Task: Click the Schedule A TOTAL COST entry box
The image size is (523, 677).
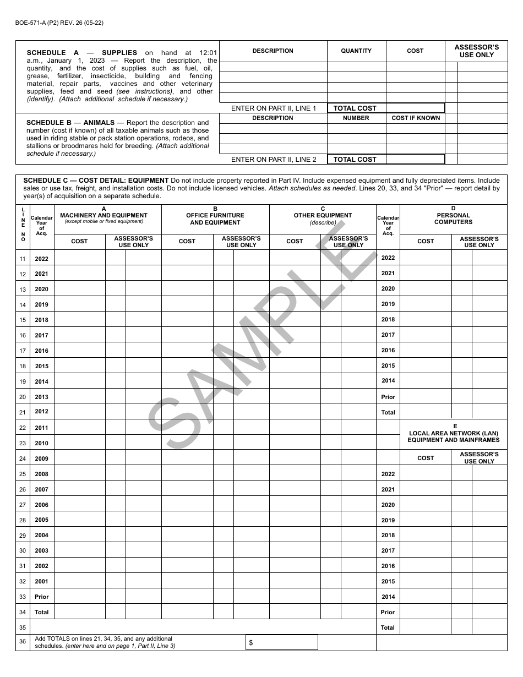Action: pos(415,108)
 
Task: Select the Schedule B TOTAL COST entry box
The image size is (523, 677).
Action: pos(415,160)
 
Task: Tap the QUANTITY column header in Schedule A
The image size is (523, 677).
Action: pos(356,51)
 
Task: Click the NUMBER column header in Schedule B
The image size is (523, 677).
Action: pos(356,118)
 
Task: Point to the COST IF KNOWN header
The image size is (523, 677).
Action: pos(416,118)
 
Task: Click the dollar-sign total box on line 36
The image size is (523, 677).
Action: pos(282,642)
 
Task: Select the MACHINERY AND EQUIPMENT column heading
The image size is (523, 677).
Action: pos(103,215)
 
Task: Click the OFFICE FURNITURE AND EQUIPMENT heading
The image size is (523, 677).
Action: pos(215,219)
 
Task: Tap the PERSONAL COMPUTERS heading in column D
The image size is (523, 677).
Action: pos(453,219)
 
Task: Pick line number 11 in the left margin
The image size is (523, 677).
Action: pos(23,259)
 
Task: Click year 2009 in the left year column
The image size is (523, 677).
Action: pos(41,458)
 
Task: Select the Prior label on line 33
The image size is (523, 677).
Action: pos(41,597)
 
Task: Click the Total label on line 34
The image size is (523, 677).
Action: pos(41,612)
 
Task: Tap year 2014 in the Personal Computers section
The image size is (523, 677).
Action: pos(388,381)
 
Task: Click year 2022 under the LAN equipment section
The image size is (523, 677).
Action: pos(388,474)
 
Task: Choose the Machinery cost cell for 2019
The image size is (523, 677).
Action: pos(80,304)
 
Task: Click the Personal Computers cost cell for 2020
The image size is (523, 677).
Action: pos(426,289)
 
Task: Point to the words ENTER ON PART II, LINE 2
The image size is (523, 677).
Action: pos(274,160)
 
